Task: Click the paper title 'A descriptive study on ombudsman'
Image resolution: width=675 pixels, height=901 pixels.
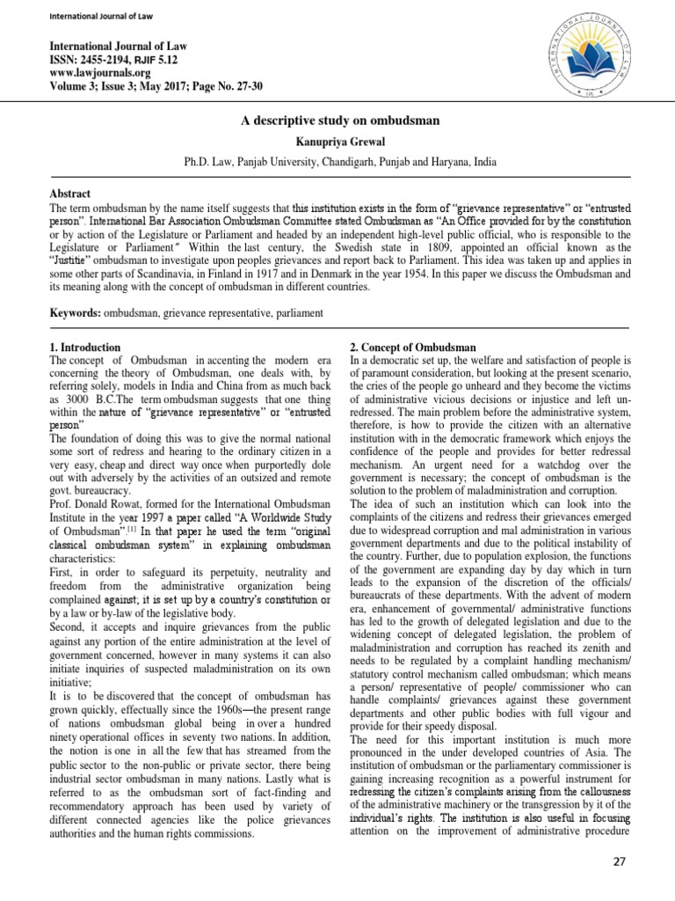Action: click(x=337, y=121)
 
